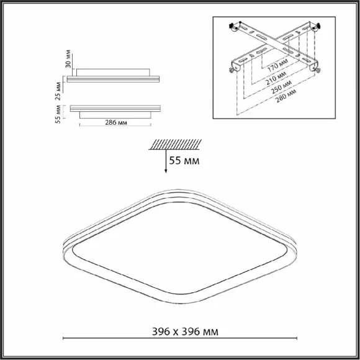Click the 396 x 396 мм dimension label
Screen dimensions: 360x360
click(185, 331)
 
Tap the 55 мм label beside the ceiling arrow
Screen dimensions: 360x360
click(184, 161)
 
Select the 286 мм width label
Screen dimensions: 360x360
click(116, 123)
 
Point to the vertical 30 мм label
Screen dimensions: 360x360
click(68, 59)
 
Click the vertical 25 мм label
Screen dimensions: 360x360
click(58, 91)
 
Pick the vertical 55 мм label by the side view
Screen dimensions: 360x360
click(58, 114)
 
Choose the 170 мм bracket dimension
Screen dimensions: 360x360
click(278, 65)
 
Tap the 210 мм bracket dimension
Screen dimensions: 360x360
click(276, 78)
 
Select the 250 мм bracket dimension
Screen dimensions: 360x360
click(281, 87)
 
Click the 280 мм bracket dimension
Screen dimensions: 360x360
click(286, 96)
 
